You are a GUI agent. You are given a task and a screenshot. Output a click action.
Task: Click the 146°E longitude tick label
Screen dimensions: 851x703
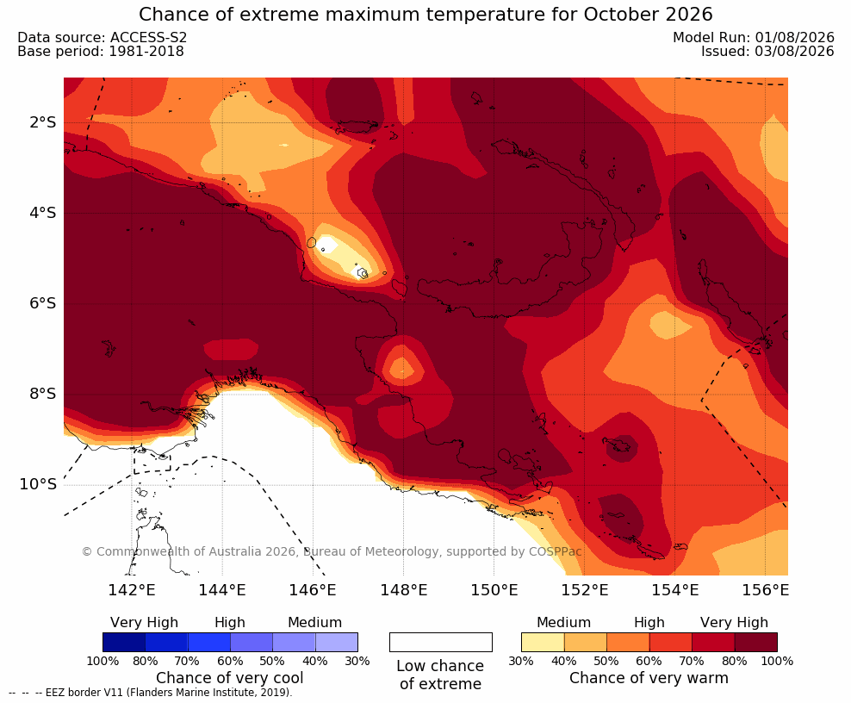(313, 590)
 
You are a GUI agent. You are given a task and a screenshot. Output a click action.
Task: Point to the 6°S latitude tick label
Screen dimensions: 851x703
(42, 303)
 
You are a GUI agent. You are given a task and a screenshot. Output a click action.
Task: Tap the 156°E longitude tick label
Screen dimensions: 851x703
(765, 590)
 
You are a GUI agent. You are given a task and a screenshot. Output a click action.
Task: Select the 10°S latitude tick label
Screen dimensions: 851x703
(38, 484)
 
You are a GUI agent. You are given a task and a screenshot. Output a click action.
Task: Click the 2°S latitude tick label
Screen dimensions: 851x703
(42, 122)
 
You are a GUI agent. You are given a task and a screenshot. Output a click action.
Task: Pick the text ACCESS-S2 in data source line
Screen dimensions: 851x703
(149, 37)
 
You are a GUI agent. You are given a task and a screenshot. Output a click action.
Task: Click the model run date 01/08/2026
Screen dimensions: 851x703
(794, 37)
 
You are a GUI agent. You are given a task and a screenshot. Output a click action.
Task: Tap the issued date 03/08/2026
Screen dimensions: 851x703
(794, 52)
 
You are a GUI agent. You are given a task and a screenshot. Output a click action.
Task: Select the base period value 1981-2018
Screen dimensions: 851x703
(146, 52)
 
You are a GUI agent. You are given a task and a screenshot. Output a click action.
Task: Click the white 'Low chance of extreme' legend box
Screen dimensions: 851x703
(441, 642)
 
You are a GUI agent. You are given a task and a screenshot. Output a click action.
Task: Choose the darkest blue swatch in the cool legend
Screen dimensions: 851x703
(124, 642)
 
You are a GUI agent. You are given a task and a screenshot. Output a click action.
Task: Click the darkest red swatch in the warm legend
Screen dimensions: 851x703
(756, 642)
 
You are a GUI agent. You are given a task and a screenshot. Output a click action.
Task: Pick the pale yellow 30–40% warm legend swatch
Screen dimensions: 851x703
(543, 642)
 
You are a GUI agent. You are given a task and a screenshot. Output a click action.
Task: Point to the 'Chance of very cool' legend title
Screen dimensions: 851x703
(230, 678)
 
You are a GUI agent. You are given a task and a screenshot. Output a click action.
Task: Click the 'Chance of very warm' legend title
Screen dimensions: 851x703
(649, 678)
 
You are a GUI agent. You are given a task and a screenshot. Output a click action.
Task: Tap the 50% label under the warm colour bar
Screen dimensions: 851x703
(606, 661)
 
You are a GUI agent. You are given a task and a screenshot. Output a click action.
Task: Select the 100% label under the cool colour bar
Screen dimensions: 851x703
(102, 661)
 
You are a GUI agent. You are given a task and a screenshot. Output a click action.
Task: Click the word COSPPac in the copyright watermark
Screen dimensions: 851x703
(556, 551)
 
